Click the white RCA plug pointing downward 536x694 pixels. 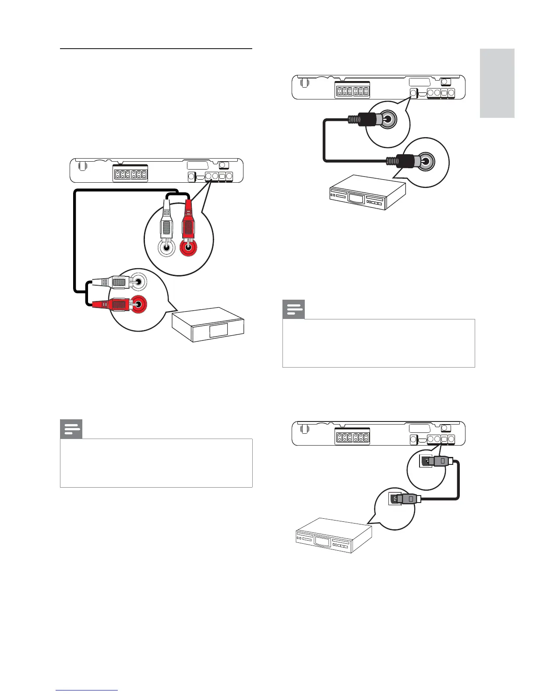click(x=166, y=223)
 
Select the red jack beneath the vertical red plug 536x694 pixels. click(x=189, y=248)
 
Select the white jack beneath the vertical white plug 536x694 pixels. click(x=166, y=249)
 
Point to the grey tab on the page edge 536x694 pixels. click(x=497, y=83)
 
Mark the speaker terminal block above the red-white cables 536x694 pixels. click(x=130, y=173)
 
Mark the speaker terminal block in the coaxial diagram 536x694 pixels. click(x=352, y=90)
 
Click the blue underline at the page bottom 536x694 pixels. click(x=87, y=690)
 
